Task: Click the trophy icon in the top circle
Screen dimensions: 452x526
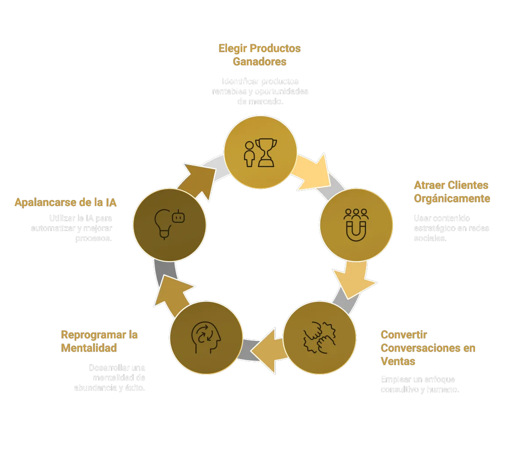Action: coord(267,152)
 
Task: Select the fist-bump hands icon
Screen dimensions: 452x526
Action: coord(319,337)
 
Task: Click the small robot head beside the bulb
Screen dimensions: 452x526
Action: coord(178,217)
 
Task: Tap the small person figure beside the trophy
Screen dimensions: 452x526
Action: coord(249,153)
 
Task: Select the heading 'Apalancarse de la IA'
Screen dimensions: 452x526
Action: coord(66,203)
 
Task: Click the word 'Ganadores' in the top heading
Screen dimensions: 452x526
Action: coord(259,61)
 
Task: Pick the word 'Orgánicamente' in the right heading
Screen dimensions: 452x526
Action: coord(452,199)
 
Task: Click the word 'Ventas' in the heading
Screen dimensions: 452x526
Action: coord(398,361)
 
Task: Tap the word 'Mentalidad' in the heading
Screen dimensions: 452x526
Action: coord(89,348)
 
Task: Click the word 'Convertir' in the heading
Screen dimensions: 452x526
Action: coord(404,335)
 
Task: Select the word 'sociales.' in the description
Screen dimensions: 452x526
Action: coord(430,238)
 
